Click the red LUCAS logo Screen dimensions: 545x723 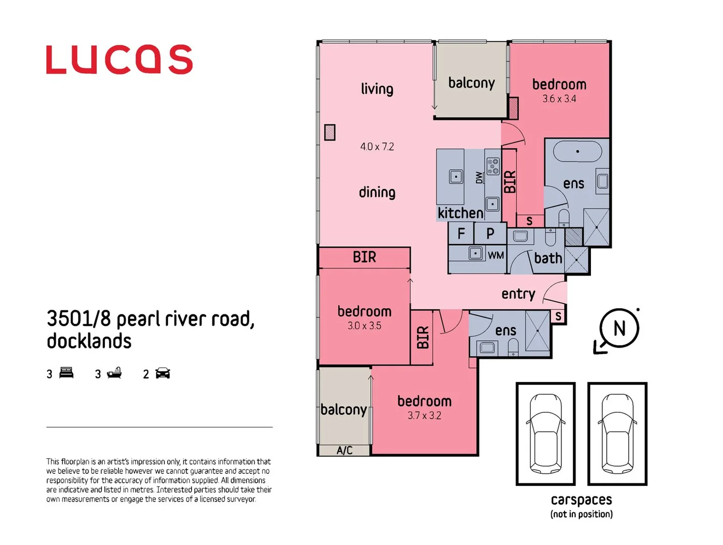pyautogui.click(x=119, y=60)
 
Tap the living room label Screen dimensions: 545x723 pyautogui.click(x=377, y=89)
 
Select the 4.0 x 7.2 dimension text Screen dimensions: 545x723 pyautogui.click(x=377, y=147)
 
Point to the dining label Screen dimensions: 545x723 pyautogui.click(x=377, y=192)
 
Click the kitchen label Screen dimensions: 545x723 pyautogui.click(x=460, y=213)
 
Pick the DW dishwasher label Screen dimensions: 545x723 pyautogui.click(x=479, y=178)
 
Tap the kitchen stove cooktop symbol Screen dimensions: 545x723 pyautogui.click(x=493, y=166)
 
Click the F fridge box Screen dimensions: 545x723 pyautogui.click(x=461, y=234)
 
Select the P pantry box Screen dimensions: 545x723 pyautogui.click(x=490, y=234)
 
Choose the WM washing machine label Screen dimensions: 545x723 pyautogui.click(x=496, y=255)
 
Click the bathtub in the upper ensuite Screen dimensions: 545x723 pyautogui.click(x=577, y=151)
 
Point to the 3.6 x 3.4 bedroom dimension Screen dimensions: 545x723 pyautogui.click(x=559, y=99)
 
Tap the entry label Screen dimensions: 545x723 pyautogui.click(x=518, y=294)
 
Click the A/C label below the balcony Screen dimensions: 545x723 pyautogui.click(x=344, y=450)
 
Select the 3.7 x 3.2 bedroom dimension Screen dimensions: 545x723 pyautogui.click(x=424, y=416)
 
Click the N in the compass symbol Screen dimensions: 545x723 pyautogui.click(x=619, y=329)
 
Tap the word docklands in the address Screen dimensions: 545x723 pyautogui.click(x=89, y=341)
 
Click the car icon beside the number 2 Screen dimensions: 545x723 pyautogui.click(x=163, y=373)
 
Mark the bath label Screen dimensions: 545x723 pyautogui.click(x=548, y=258)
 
